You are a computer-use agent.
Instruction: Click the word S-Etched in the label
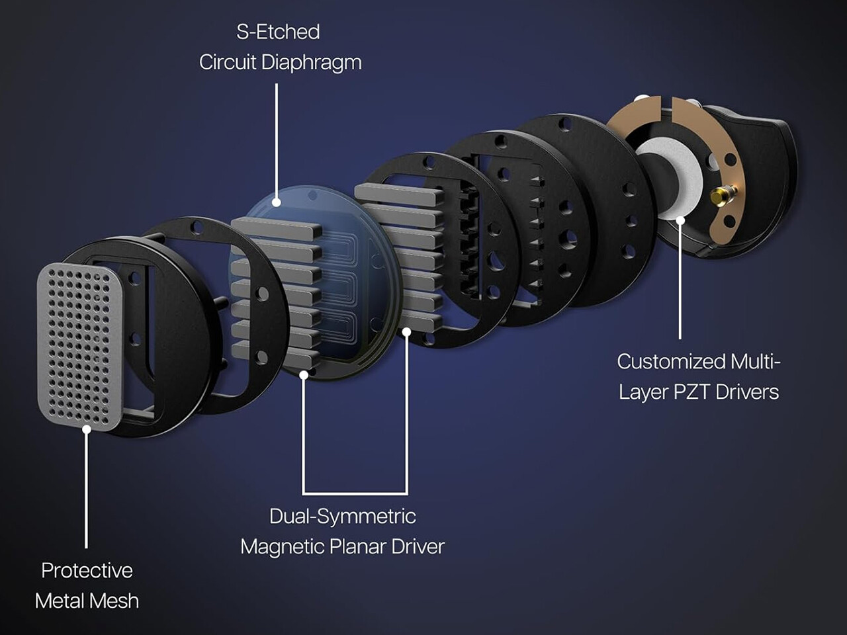278,32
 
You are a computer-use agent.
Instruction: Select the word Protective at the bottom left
87,570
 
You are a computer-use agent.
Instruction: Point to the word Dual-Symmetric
342,516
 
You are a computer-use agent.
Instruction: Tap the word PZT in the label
692,392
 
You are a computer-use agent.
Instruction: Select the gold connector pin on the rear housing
722,194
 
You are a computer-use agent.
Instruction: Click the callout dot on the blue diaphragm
277,202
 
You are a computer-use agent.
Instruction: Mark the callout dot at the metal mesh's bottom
87,429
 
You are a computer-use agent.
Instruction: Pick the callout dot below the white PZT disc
680,220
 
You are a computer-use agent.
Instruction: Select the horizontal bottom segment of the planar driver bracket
355,493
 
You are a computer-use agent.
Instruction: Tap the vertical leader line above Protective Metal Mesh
87,489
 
